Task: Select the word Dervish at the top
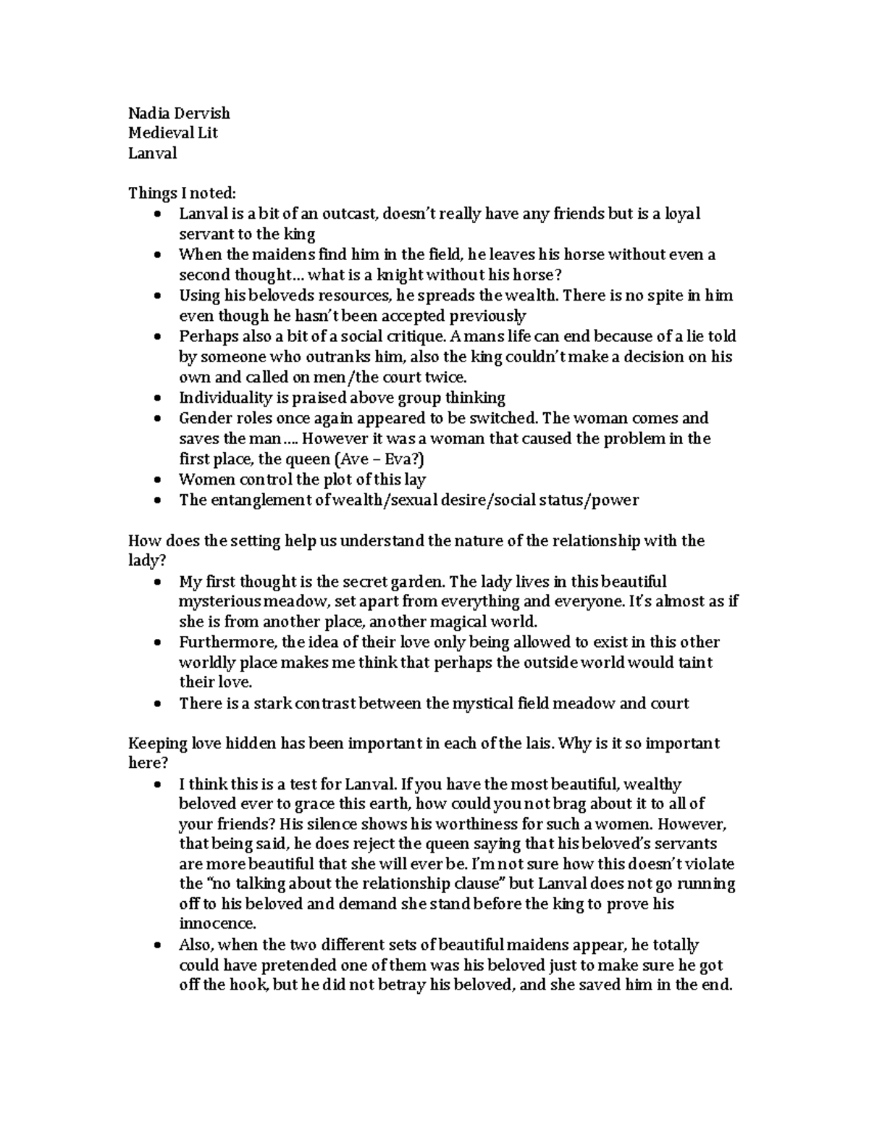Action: click(x=202, y=113)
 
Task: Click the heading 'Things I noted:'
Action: click(x=182, y=193)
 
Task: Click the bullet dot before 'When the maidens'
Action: click(x=158, y=255)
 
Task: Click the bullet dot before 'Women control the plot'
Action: click(x=158, y=480)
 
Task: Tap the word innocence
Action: click(x=217, y=924)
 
